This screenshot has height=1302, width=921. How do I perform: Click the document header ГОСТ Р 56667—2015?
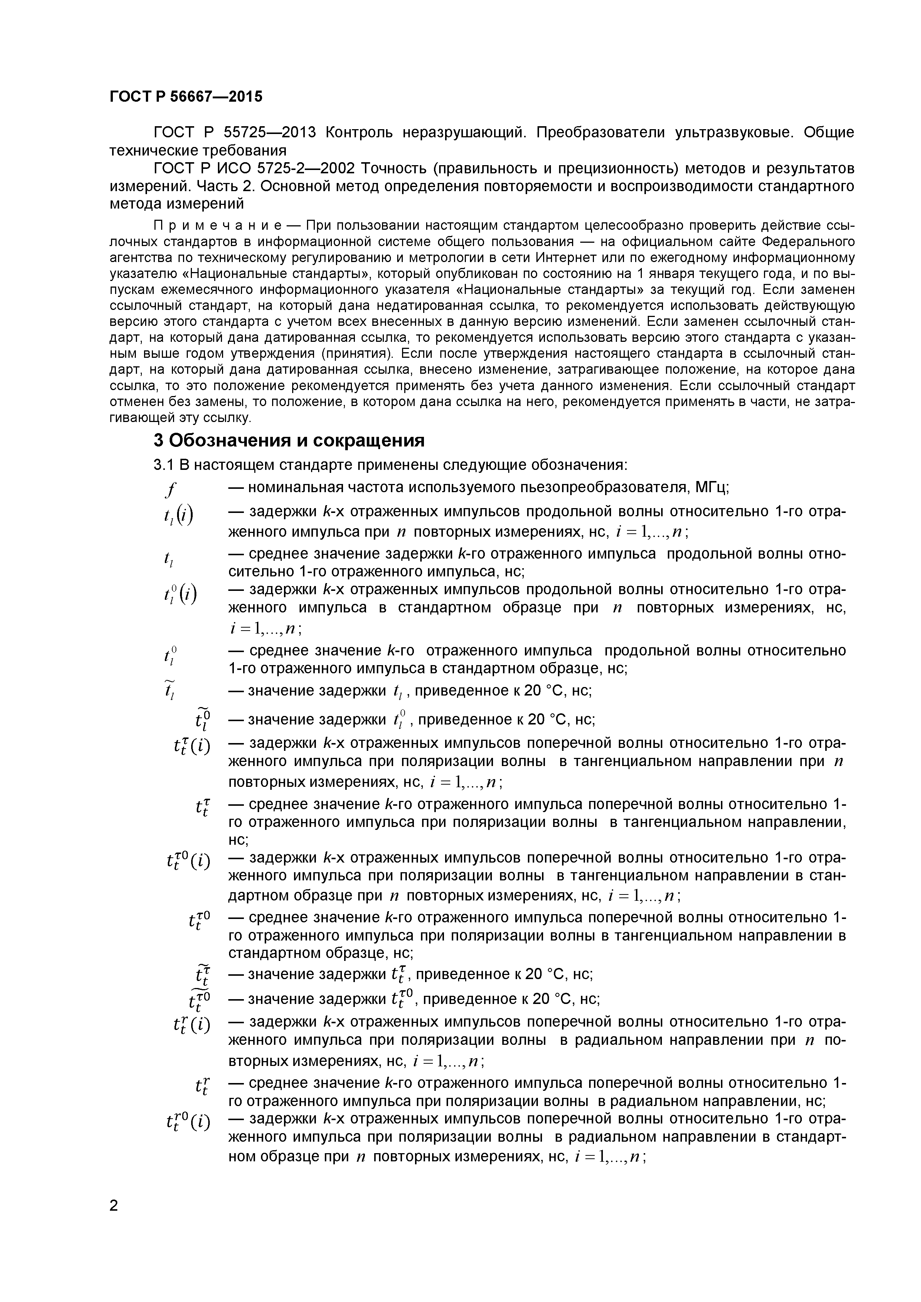pos(186,97)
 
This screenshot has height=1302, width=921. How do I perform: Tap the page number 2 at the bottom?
pos(114,1221)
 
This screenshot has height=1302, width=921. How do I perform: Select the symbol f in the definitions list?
pos(170,488)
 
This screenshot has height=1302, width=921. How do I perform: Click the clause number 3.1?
pos(163,465)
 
